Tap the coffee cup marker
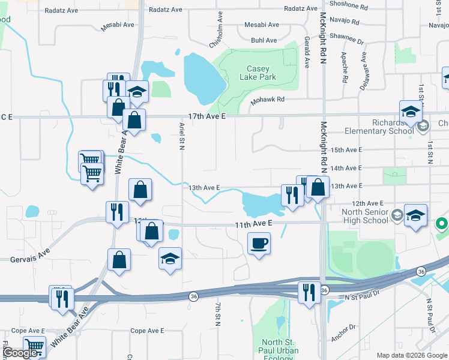[x=259, y=243]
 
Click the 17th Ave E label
[x=206, y=116]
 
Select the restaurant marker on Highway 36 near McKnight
[x=309, y=292]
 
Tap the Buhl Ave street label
[x=264, y=40]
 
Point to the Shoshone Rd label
[x=349, y=6]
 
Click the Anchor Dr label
[x=343, y=332]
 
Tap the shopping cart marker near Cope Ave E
[x=34, y=347]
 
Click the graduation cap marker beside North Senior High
[x=415, y=215]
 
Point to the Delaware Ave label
[x=363, y=76]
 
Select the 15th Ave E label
[x=347, y=150]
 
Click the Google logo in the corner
[x=21, y=353]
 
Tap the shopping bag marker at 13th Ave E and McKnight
[x=319, y=187]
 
